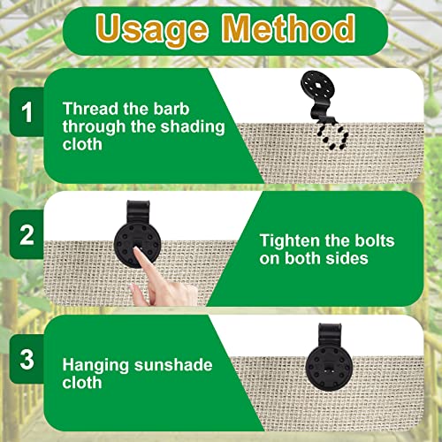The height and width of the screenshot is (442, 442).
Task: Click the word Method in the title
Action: [289, 28]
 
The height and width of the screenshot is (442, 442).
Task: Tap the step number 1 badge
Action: [27, 112]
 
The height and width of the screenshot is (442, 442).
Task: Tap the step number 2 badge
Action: [27, 235]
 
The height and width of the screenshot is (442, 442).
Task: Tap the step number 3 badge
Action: [27, 359]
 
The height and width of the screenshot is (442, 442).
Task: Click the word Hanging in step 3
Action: [95, 366]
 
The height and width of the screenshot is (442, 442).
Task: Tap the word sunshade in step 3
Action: [173, 365]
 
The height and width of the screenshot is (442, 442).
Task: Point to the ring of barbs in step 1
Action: [332, 136]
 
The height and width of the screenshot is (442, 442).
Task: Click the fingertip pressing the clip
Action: [136, 250]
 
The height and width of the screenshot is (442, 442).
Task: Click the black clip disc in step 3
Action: [329, 368]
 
